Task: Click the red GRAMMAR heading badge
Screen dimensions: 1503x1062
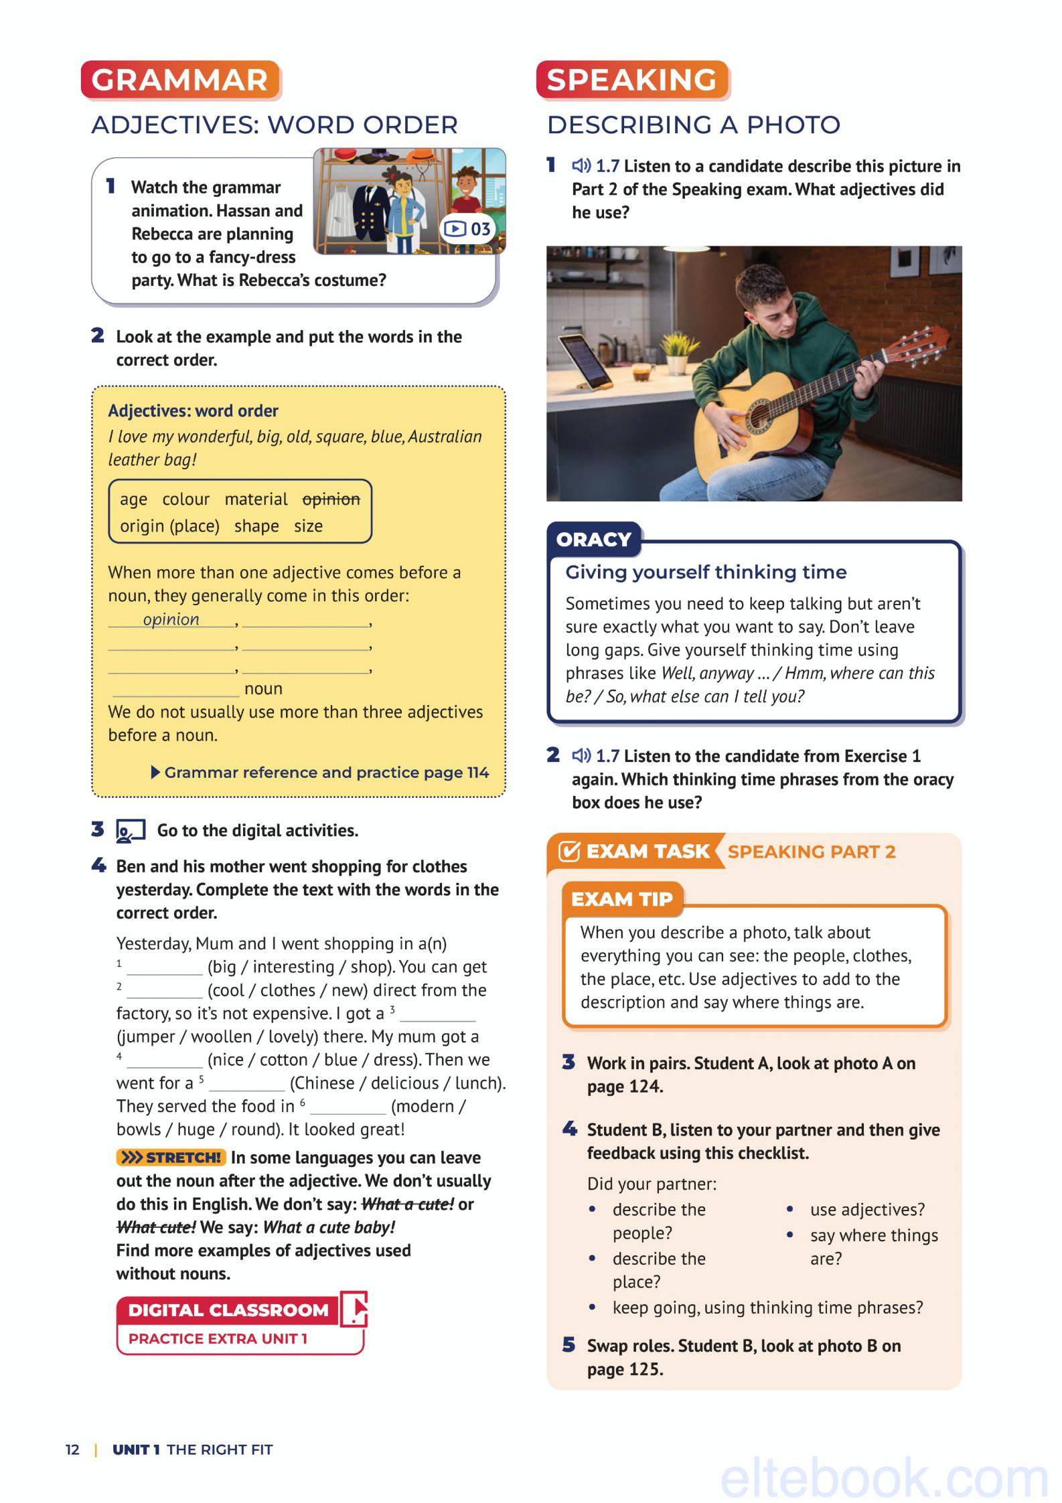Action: [x=179, y=80]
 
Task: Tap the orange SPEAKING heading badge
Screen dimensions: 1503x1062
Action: [x=631, y=80]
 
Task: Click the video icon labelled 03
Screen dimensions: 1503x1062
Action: [x=467, y=229]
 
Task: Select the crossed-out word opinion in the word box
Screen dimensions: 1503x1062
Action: [x=331, y=499]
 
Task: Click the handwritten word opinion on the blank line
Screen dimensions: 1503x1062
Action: [x=171, y=619]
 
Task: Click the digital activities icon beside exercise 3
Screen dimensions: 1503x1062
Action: [x=131, y=831]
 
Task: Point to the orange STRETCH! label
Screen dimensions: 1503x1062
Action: [x=171, y=1158]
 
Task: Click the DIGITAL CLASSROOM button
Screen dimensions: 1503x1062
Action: [x=228, y=1310]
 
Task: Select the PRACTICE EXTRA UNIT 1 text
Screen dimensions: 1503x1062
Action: [x=218, y=1339]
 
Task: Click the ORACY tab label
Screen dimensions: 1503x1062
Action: [x=593, y=540]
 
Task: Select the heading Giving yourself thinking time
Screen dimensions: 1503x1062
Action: [x=706, y=572]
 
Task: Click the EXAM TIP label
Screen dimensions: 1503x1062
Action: [x=621, y=899]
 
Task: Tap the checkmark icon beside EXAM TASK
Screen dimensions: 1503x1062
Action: [x=568, y=852]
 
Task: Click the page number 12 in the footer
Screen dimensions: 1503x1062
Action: [x=72, y=1450]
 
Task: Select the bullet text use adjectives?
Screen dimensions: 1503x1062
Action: [x=867, y=1210]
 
